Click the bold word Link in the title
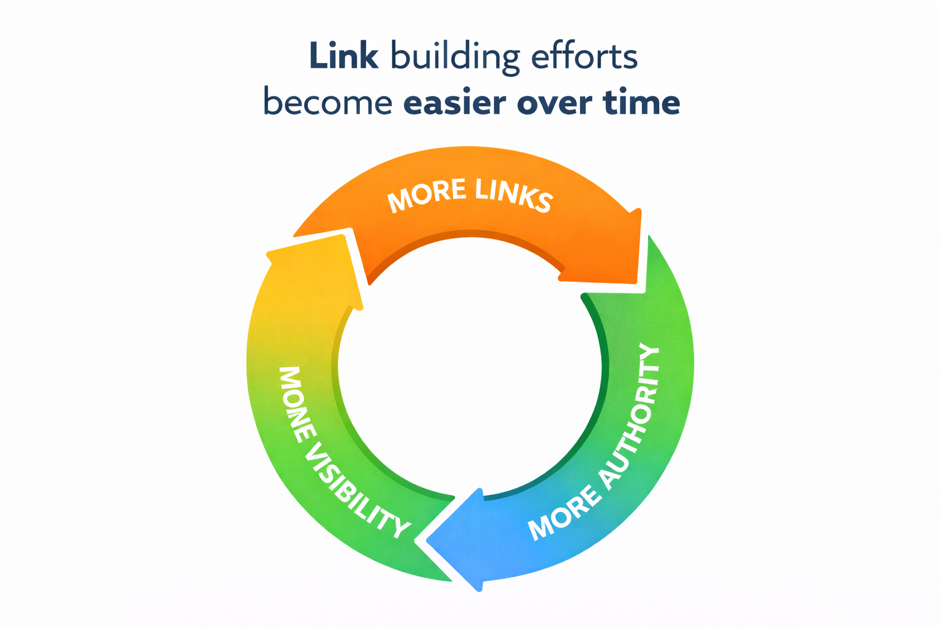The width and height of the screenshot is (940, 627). pyautogui.click(x=344, y=56)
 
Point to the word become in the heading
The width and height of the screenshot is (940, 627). pyautogui.click(x=327, y=103)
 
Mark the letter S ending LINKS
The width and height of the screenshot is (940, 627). pyautogui.click(x=542, y=203)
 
